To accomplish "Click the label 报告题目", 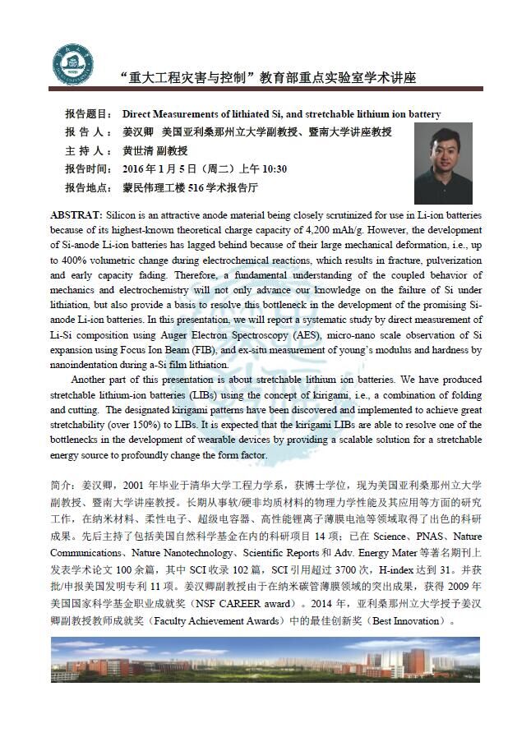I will [87, 114].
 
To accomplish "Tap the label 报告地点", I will [87, 188].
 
